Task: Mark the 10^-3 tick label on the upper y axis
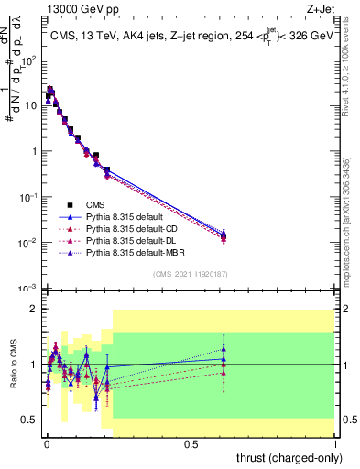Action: coord(27,289)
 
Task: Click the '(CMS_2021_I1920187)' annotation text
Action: coord(191,274)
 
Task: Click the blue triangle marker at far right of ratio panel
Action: coord(224,349)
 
